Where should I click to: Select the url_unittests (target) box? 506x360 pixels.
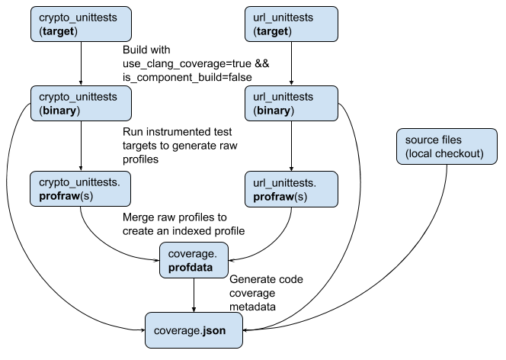290,24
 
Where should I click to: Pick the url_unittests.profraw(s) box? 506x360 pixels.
290,191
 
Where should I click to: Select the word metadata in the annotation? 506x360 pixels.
253,307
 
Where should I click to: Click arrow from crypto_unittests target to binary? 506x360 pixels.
80,64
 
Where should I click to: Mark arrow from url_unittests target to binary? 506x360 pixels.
290,64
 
